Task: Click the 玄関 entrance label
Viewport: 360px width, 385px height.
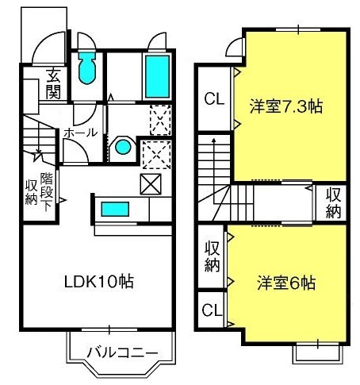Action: click(53, 83)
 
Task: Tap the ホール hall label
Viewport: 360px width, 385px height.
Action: click(81, 133)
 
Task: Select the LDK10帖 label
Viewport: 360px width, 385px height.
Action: click(99, 281)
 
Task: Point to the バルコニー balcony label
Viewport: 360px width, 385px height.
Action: click(123, 352)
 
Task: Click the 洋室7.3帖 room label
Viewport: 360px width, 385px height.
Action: click(286, 106)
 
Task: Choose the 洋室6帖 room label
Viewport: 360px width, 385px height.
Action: click(286, 283)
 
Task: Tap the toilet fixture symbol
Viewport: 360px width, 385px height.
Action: click(86, 68)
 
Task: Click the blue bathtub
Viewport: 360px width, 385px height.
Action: click(157, 76)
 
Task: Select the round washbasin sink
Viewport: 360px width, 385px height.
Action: click(123, 147)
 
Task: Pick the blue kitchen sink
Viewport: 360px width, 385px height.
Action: click(115, 209)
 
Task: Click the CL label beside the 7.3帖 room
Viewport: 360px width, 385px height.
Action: click(214, 99)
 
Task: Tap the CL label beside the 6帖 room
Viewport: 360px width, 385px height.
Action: click(212, 310)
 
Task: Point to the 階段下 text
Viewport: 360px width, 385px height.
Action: click(47, 192)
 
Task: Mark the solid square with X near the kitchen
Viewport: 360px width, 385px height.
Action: click(151, 184)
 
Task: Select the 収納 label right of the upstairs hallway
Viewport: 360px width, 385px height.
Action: click(333, 203)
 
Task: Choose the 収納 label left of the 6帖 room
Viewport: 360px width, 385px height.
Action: click(213, 256)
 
